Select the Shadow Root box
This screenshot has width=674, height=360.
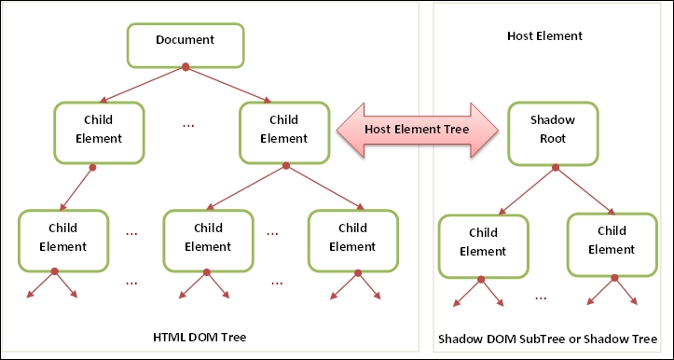[x=553, y=131]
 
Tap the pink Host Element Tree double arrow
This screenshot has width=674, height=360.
[x=415, y=131]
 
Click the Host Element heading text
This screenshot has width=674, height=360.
[x=544, y=36]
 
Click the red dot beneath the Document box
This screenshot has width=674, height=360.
[x=186, y=67]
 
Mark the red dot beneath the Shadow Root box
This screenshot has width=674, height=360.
[x=555, y=168]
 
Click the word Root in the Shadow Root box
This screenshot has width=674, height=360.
[x=554, y=139]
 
